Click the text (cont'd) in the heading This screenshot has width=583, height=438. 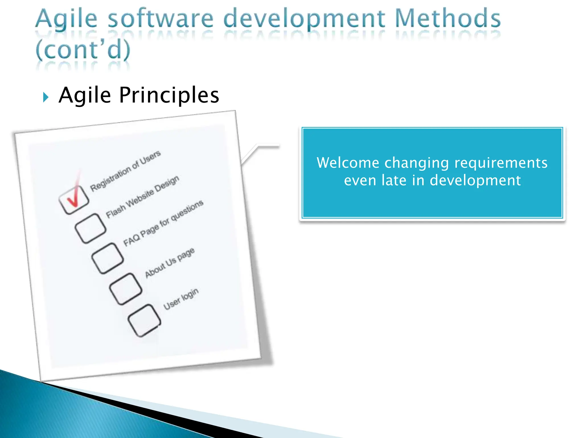coord(83,50)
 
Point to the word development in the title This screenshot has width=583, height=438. coord(304,19)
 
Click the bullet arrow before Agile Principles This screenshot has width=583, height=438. coord(46,97)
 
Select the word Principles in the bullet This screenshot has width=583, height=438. coord(169,95)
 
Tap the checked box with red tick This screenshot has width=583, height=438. coord(74,199)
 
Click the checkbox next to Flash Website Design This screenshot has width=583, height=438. coord(91,228)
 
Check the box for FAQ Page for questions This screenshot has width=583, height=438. coord(107,258)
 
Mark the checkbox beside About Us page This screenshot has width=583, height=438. coord(126,289)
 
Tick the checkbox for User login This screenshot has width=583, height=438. coord(144,320)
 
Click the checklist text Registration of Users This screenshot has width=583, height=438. coord(125,171)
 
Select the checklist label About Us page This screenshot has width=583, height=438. coord(170,263)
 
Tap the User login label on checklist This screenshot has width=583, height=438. coord(181,299)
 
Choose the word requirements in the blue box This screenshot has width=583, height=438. coord(501,163)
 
